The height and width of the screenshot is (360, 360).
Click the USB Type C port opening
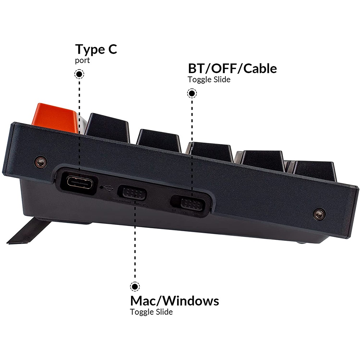coord(80,183)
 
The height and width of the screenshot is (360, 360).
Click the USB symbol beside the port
coord(108,187)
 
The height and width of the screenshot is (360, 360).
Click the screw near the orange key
coord(40,162)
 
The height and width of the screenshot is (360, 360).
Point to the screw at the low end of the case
coord(319,214)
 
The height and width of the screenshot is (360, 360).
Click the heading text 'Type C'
coord(96,49)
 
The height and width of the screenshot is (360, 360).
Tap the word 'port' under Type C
coord(82,60)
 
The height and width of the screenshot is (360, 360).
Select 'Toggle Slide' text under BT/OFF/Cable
coord(209,80)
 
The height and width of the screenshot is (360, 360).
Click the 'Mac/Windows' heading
coord(174,300)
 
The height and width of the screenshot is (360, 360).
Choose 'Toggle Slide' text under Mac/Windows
coord(151,312)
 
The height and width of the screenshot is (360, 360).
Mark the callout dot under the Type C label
coord(79,75)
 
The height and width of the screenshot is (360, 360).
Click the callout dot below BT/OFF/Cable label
coord(192,94)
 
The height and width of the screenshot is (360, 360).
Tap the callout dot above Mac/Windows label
coord(135,287)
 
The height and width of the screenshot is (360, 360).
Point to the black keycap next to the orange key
coord(107,127)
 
